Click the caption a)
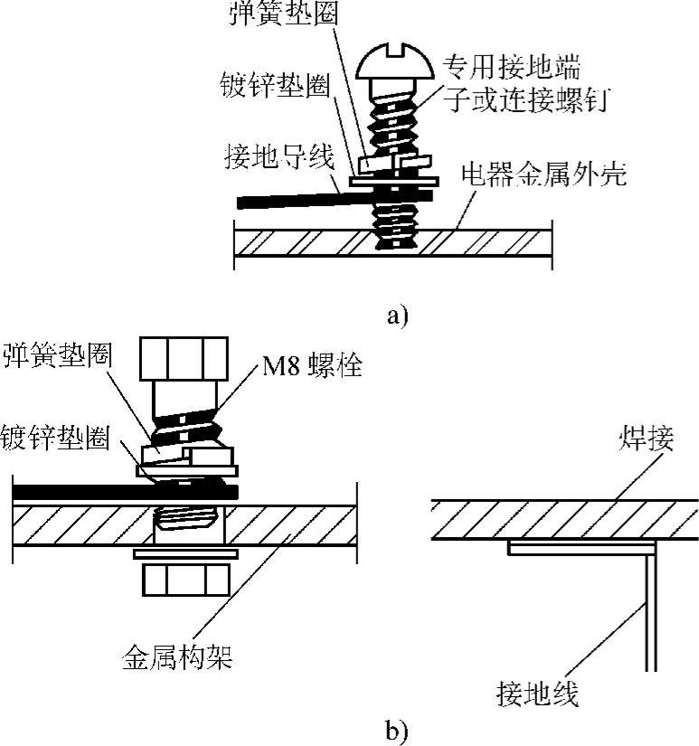tap(398, 316)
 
